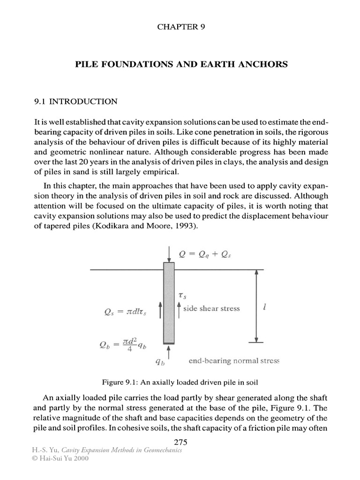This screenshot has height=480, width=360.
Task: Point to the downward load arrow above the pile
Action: pyautogui.click(x=168, y=254)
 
